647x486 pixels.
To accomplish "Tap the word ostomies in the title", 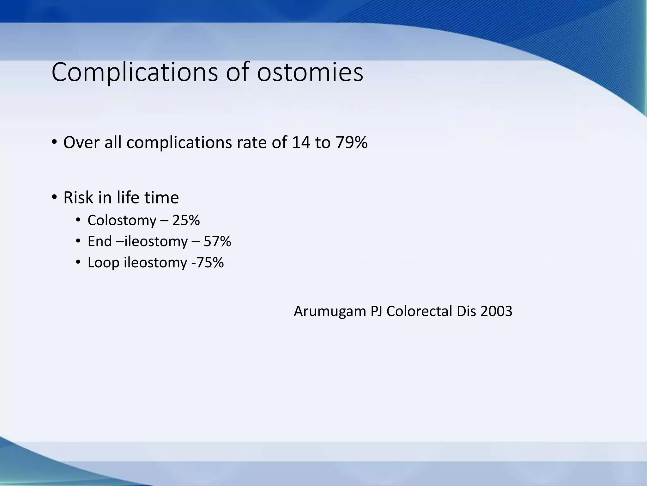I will [x=310, y=72].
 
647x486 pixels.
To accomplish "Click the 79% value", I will [x=351, y=142].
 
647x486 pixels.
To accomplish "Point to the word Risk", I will [x=78, y=197].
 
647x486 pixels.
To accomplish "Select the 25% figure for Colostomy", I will [x=186, y=220].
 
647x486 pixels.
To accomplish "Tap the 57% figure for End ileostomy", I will [x=217, y=241].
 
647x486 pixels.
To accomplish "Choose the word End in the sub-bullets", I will [x=100, y=241].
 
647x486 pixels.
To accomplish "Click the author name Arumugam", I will [x=330, y=312].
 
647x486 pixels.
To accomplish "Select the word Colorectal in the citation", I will [x=419, y=311].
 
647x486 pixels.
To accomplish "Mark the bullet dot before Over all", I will [x=54, y=142].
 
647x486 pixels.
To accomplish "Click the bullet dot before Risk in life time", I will [x=54, y=197].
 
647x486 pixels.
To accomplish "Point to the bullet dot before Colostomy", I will [x=78, y=220].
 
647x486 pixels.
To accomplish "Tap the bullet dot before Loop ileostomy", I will [x=78, y=263].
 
